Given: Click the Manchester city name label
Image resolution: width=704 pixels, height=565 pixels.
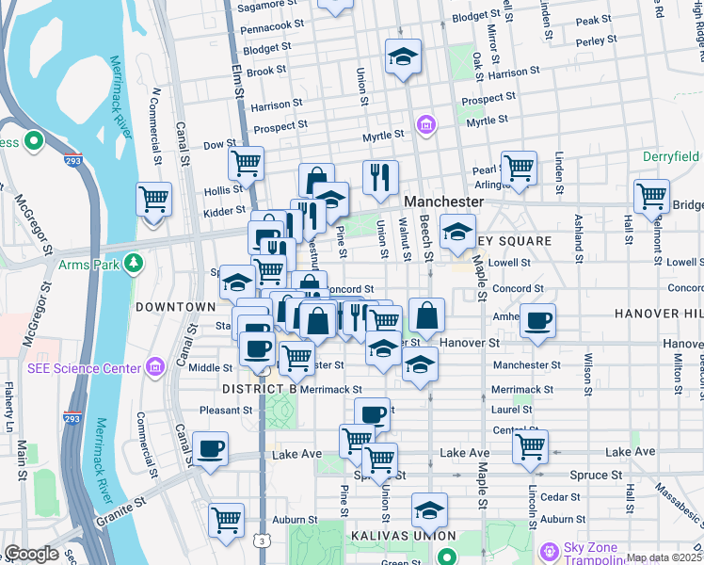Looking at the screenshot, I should [444, 202].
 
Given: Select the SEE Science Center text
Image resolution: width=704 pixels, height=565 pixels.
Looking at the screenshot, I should [77, 367].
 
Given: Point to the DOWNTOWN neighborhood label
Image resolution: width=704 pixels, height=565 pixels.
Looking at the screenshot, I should [175, 307].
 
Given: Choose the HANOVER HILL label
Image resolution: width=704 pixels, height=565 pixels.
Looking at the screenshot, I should [659, 313].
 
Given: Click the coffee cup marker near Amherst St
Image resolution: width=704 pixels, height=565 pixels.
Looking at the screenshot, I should [537, 321].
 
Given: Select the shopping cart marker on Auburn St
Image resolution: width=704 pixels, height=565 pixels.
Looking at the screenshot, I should [226, 519].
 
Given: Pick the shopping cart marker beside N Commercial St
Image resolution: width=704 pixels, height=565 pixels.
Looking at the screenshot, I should [153, 199].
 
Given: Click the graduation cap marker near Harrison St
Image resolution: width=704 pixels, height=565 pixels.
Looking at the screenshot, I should [403, 56].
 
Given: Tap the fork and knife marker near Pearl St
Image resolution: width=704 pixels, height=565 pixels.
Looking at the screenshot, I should [380, 176].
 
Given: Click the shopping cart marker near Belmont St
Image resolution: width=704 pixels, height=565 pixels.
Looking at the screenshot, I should [651, 197].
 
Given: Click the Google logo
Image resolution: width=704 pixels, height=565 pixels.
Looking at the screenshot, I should [31, 554].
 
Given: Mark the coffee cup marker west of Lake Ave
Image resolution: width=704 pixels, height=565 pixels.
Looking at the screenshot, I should [210, 448].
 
